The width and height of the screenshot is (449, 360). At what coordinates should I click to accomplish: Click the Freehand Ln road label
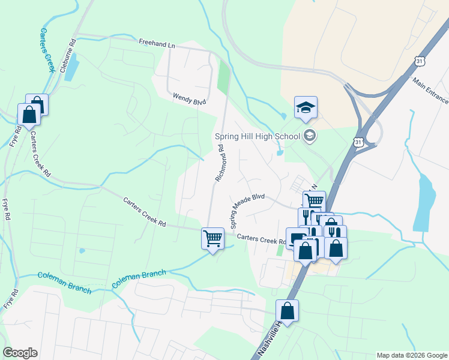(156, 44)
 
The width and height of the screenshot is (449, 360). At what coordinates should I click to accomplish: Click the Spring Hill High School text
(257, 136)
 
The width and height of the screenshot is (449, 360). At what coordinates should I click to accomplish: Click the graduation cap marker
(306, 108)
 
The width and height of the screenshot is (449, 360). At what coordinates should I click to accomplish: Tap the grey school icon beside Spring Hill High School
(309, 135)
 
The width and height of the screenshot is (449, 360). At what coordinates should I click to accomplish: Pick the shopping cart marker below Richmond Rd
(212, 239)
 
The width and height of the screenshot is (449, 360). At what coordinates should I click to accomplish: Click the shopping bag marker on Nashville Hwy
(288, 311)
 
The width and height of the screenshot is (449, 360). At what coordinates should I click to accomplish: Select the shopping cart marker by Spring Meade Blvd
(314, 202)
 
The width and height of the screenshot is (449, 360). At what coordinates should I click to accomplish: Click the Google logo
(20, 353)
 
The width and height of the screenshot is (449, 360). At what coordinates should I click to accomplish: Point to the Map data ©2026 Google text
(411, 355)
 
